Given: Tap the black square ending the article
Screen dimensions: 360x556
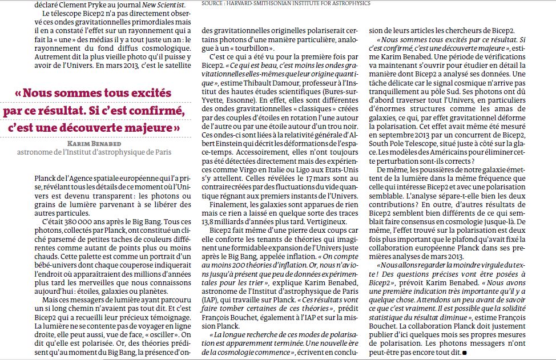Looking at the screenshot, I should (x=464, y=353).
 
